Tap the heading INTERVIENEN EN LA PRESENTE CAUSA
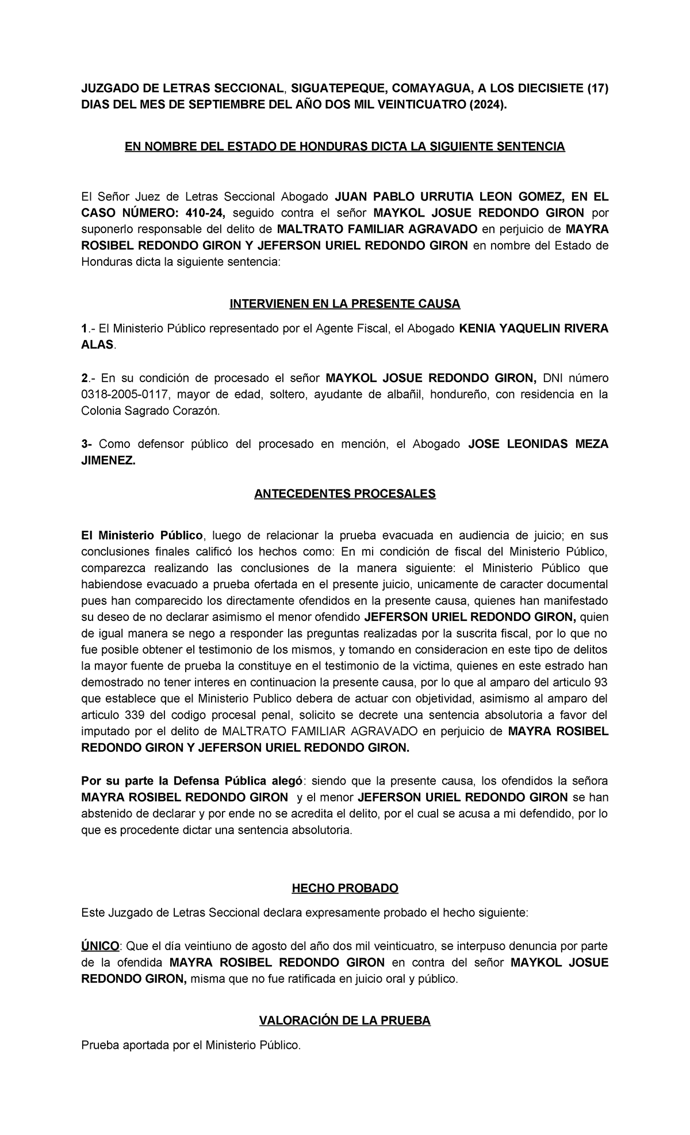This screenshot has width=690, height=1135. (x=345, y=303)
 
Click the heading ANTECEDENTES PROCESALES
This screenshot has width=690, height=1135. (x=345, y=494)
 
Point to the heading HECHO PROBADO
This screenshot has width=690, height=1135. (x=345, y=888)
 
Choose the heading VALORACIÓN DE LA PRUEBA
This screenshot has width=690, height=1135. (x=345, y=1020)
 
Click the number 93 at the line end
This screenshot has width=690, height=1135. (x=601, y=683)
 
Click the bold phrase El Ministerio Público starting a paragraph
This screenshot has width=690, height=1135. (x=142, y=535)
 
